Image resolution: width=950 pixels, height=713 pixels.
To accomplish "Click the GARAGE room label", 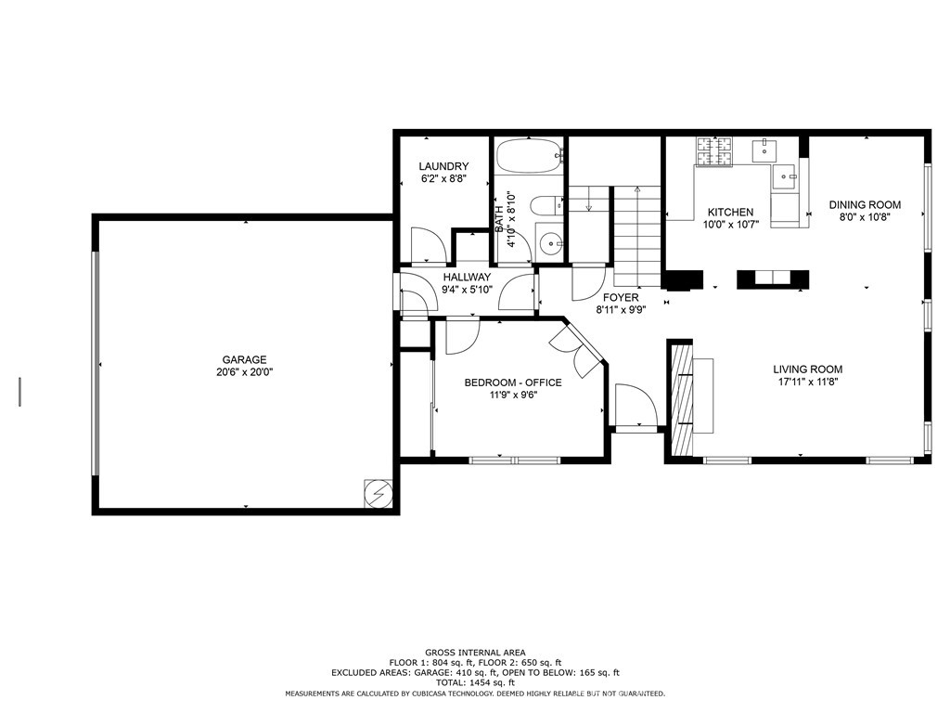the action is click(244, 359).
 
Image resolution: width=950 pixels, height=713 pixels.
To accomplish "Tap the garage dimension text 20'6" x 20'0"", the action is click(245, 372).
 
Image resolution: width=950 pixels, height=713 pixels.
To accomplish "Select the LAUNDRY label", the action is click(443, 166).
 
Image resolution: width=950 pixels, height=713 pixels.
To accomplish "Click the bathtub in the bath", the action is click(530, 156).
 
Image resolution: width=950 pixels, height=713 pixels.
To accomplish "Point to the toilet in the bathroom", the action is click(547, 205).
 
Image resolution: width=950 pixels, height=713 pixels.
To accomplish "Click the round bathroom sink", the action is click(551, 245).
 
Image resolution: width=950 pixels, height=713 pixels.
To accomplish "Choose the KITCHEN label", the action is click(731, 213).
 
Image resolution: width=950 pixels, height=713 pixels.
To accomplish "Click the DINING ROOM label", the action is click(865, 205).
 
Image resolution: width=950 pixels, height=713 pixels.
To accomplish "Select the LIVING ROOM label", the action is click(808, 369).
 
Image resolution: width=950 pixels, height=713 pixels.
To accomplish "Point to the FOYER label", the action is click(621, 298).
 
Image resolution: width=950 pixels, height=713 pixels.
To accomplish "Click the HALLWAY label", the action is click(467, 277).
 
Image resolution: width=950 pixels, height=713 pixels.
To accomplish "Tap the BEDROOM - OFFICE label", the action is click(512, 382).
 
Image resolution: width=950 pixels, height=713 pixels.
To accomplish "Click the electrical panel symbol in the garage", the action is click(379, 494).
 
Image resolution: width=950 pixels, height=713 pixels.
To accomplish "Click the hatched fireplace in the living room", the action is click(682, 399).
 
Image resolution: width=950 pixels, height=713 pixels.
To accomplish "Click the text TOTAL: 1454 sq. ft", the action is click(475, 682).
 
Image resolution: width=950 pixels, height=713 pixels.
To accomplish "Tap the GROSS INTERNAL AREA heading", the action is click(475, 653).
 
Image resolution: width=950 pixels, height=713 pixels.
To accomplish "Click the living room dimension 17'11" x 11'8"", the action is click(808, 382).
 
